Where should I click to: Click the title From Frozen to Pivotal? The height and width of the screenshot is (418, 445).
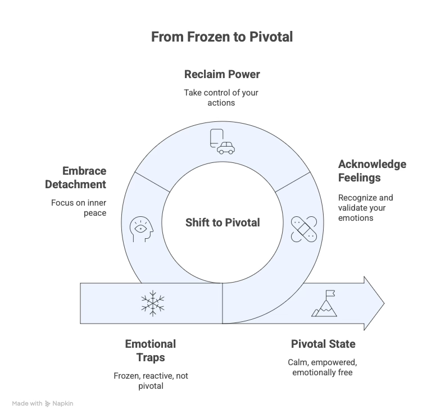coord(222,38)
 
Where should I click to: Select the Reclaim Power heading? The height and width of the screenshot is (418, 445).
coord(222,74)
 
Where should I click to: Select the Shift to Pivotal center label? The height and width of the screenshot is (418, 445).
coord(222,222)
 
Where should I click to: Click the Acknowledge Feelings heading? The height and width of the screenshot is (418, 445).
coord(371,171)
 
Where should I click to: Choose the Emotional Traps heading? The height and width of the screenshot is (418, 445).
coord(150,350)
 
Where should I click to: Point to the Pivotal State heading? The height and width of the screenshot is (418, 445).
coord(323,344)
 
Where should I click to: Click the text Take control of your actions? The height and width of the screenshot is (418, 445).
coord(221,98)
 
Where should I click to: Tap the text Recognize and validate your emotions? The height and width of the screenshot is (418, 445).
coord(365,207)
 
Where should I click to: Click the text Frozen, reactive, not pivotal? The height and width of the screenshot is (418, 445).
coord(150,380)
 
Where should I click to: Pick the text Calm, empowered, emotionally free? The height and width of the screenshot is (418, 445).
coord(323,366)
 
